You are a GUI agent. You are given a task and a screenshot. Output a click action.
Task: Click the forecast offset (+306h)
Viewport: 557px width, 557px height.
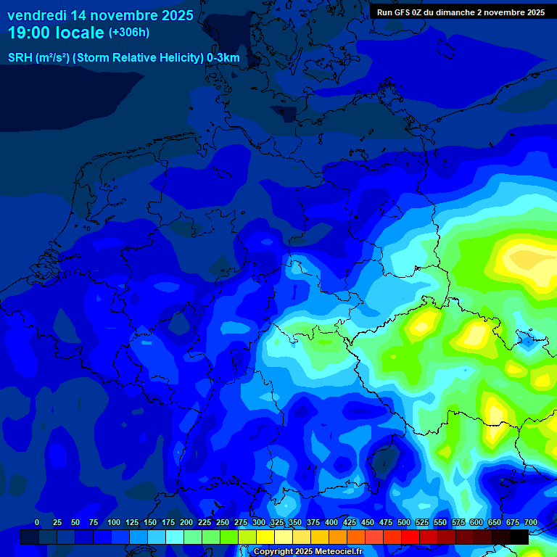pyautogui.click(x=128, y=33)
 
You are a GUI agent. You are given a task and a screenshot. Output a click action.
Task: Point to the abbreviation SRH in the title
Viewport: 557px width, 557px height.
pyautogui.click(x=20, y=58)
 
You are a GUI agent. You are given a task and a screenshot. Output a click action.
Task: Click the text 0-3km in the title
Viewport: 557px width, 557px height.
pyautogui.click(x=223, y=58)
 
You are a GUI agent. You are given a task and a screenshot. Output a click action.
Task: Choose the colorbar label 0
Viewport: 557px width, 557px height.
pyautogui.click(x=37, y=522)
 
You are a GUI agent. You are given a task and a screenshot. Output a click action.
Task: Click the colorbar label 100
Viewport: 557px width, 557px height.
pyautogui.click(x=114, y=522)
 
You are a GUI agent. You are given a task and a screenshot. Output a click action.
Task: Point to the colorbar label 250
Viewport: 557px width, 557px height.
pyautogui.click(x=223, y=522)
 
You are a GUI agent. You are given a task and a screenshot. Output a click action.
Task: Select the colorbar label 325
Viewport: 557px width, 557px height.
pyautogui.click(x=277, y=522)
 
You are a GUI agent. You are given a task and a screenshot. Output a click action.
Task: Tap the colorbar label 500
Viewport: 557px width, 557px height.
pyautogui.click(x=404, y=522)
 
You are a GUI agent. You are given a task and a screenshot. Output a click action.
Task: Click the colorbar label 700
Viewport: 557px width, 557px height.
pyautogui.click(x=530, y=522)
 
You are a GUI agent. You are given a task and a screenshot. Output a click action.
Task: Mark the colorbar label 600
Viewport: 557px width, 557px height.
pyautogui.click(x=476, y=522)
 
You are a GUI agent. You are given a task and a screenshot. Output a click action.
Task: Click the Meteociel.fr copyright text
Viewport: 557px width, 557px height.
pyautogui.click(x=308, y=551)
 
